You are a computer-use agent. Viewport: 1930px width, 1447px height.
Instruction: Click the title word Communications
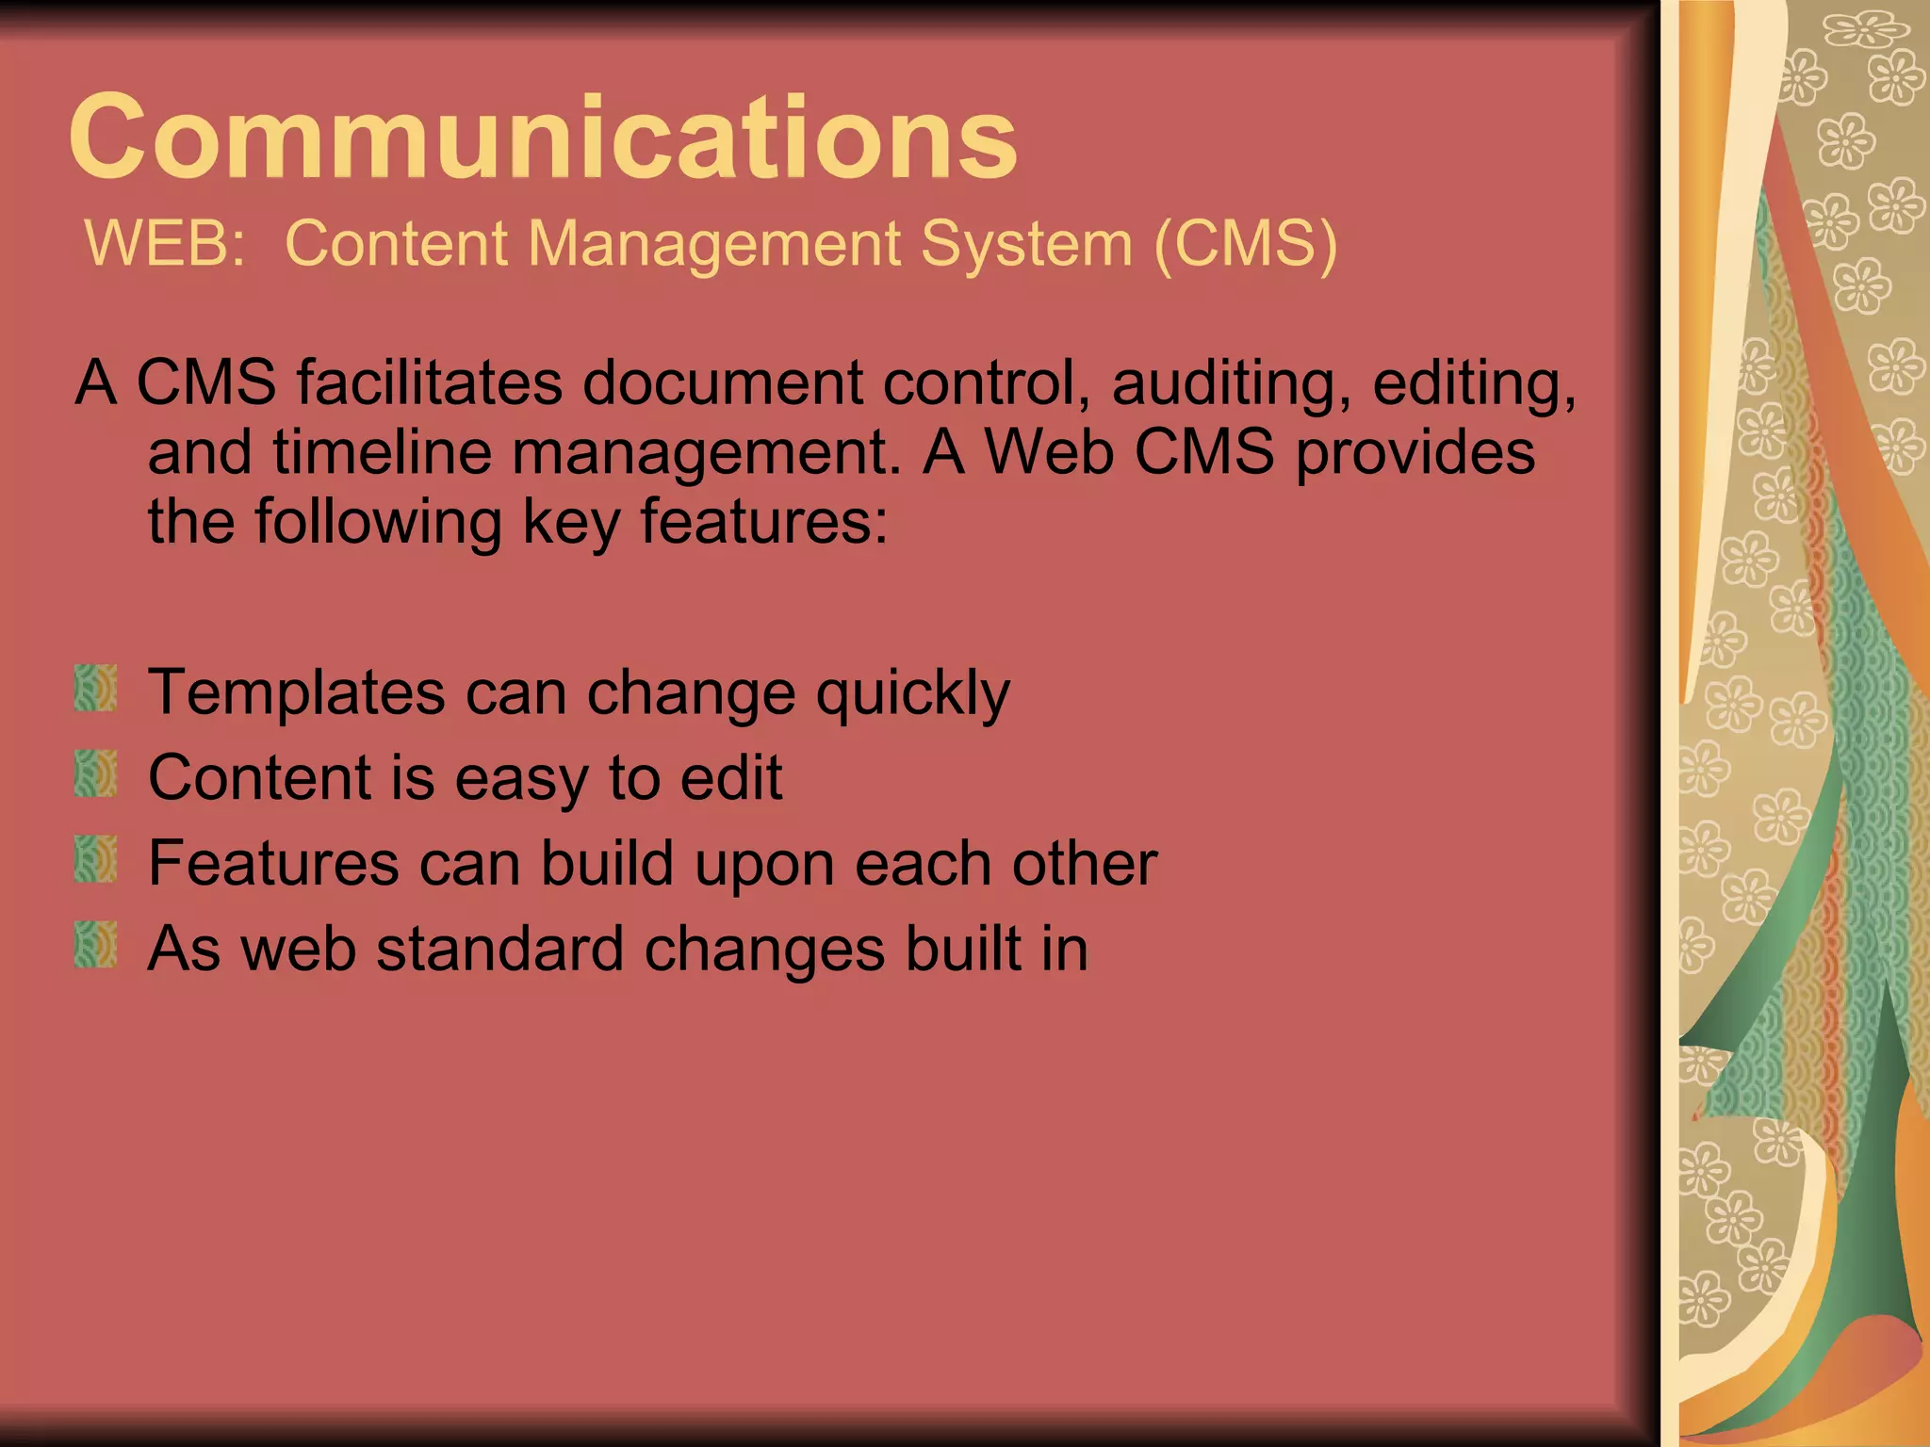tap(543, 138)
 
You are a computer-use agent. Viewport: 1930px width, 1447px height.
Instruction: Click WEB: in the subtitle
tap(165, 243)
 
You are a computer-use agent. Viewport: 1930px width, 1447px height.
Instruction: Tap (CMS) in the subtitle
tap(1245, 243)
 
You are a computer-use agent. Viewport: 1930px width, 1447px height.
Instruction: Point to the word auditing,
tap(1231, 384)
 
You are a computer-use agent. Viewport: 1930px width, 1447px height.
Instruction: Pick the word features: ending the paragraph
tap(763, 522)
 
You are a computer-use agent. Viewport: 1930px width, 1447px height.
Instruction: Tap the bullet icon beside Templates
tap(95, 688)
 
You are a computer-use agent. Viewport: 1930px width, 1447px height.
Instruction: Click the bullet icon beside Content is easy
tap(95, 773)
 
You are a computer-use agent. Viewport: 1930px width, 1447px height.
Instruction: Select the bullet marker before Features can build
tap(95, 859)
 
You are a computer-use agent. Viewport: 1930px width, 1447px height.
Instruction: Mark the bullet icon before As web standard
tap(95, 945)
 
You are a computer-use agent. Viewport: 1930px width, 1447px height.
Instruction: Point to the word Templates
tap(296, 693)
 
